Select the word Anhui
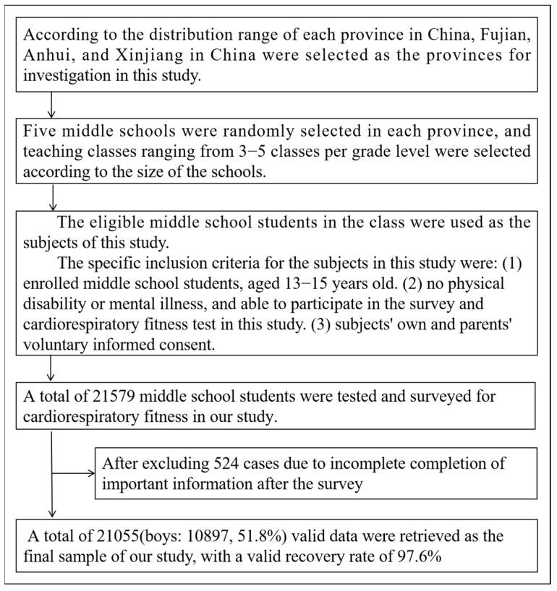pos(41,56)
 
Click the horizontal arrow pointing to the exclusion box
pos(75,473)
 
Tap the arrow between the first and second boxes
pos(51,105)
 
